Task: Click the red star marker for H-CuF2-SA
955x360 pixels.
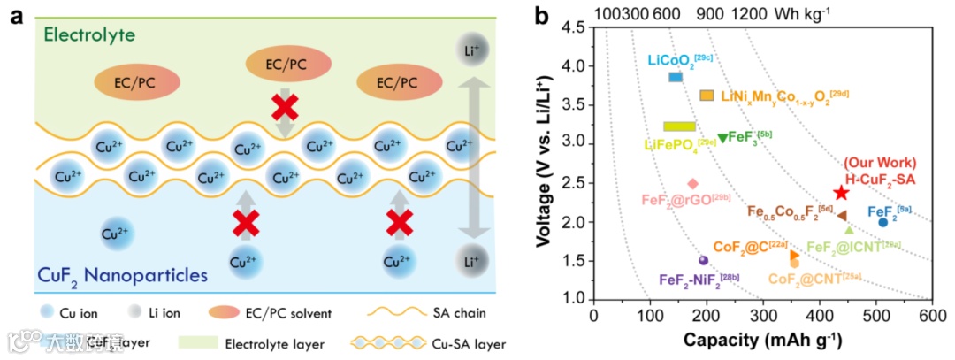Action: [841, 193]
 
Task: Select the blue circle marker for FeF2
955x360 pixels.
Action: [882, 223]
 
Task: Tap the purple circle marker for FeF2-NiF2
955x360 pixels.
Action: [704, 260]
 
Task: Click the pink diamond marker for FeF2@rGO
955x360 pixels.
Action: [692, 184]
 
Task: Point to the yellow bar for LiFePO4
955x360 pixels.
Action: [679, 126]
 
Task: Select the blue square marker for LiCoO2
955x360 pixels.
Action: [676, 77]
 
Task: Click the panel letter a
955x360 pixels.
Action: [15, 15]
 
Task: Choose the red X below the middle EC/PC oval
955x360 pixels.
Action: [285, 108]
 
